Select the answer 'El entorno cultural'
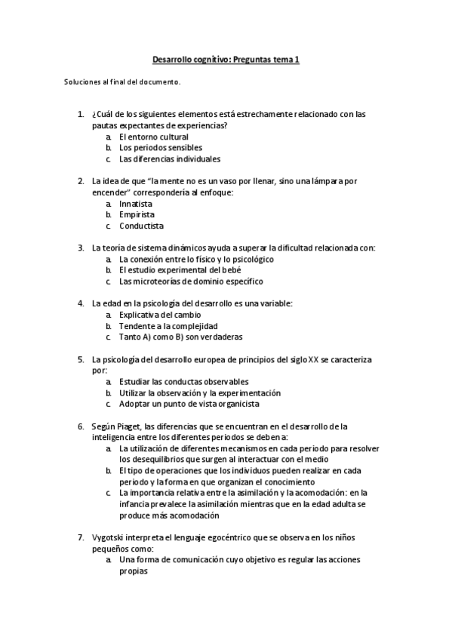click(153, 137)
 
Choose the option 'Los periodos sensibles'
click(161, 148)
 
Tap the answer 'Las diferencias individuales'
click(170, 159)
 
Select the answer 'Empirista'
click(137, 214)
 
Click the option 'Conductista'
click(141, 226)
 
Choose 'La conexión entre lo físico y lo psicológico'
click(196, 259)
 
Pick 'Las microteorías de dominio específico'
click(191, 282)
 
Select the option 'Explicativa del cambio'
click(160, 315)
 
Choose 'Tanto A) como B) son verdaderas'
click(181, 337)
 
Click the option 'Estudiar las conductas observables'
click(183, 382)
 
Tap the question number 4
click(81, 303)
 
